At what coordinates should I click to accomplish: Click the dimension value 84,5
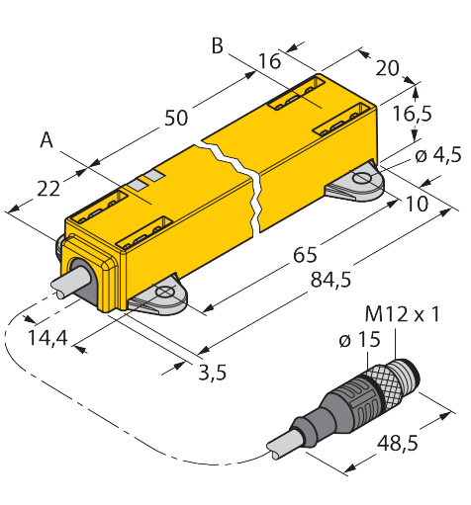click(x=330, y=281)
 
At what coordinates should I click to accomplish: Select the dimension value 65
click(x=305, y=254)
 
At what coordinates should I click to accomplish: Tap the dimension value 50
click(x=176, y=118)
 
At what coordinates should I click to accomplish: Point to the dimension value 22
click(x=48, y=189)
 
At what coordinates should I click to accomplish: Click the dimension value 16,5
click(x=413, y=114)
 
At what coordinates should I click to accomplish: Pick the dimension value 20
click(x=387, y=68)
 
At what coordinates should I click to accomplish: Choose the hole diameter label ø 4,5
click(x=438, y=155)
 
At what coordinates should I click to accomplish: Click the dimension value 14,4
click(x=48, y=338)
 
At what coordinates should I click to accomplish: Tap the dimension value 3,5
click(x=213, y=373)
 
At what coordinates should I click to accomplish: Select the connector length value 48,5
click(x=398, y=443)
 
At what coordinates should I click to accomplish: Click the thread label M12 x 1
click(x=403, y=314)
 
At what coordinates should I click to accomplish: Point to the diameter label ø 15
click(x=359, y=339)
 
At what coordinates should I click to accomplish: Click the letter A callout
click(x=47, y=139)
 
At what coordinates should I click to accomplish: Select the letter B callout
click(x=218, y=45)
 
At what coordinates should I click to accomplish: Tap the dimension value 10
click(x=417, y=204)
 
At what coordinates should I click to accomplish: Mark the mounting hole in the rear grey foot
click(x=362, y=178)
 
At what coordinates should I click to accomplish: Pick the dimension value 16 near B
click(x=269, y=61)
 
